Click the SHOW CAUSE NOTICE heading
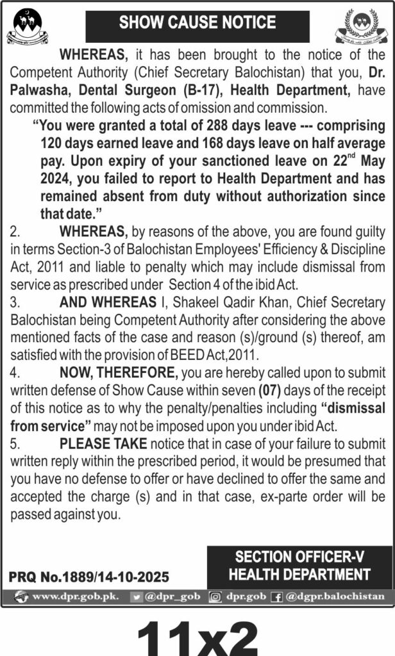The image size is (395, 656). (x=197, y=24)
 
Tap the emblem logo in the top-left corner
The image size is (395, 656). (x=28, y=27)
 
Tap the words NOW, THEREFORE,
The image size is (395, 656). (x=119, y=372)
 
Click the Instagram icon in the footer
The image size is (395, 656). (x=216, y=596)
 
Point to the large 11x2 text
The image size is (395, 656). (x=197, y=634)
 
